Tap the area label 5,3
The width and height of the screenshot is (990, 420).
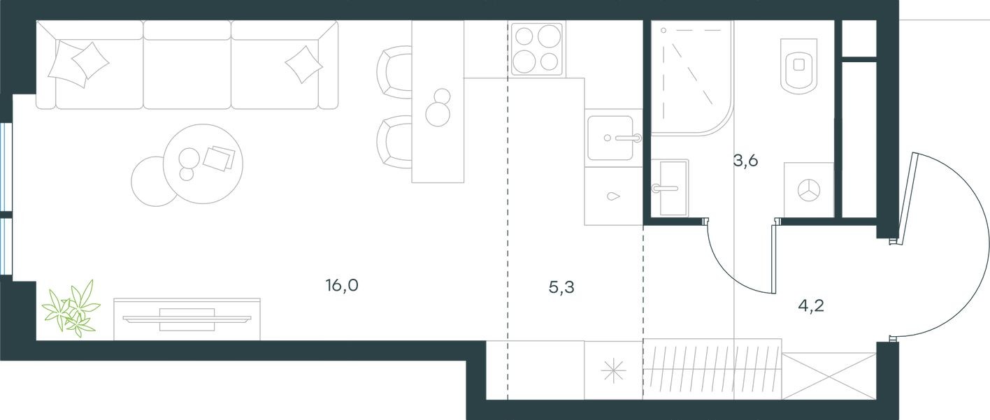pos(561,287)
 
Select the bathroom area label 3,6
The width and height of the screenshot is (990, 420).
pos(745,161)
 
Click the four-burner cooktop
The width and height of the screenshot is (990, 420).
pos(537,49)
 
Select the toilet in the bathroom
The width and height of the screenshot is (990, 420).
pos(798,65)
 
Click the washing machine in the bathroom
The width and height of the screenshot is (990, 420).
pos(809,189)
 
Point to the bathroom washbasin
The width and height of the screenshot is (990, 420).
pos(669,187)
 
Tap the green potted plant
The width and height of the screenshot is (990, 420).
pos(71,307)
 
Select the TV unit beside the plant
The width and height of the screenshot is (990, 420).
pos(187,319)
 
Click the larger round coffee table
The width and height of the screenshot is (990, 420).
pos(203,164)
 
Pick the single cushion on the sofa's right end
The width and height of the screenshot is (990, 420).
pos(303,64)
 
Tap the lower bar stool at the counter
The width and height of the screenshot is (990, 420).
pos(394,140)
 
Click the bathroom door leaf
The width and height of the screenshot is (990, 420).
pos(773,259)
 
